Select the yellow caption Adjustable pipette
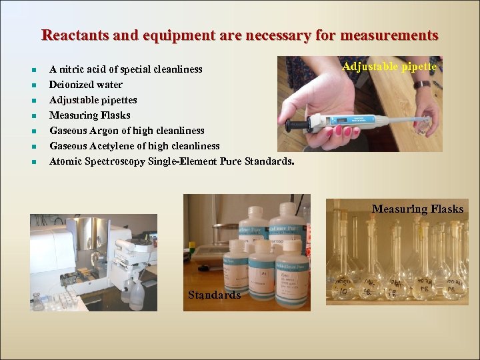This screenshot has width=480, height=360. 389,67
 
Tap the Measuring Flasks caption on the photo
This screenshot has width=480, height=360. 417,209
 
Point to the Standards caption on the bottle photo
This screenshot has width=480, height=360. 214,295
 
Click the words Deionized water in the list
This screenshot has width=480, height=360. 86,85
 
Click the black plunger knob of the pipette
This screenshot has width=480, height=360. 289,125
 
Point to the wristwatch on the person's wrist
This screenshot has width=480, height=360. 421,85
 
